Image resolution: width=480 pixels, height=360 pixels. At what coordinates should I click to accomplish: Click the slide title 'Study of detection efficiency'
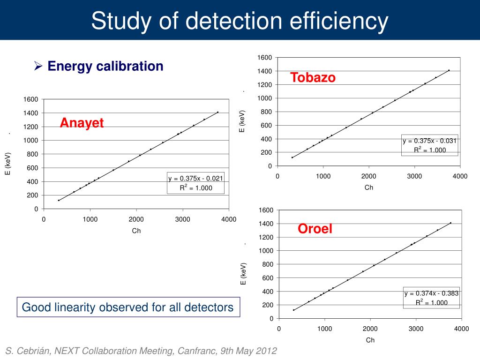(x=240, y=21)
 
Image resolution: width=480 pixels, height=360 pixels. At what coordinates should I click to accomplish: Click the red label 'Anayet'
(x=82, y=123)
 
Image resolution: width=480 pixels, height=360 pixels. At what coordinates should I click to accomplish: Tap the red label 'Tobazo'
(x=313, y=77)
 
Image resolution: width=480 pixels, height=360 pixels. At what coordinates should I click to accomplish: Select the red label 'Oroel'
(x=315, y=229)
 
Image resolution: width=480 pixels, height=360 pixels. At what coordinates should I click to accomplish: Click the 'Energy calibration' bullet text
(x=105, y=66)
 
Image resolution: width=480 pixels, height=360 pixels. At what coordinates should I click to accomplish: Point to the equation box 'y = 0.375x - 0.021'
(x=196, y=183)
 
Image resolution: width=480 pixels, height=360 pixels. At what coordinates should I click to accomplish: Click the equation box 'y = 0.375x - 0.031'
(x=429, y=145)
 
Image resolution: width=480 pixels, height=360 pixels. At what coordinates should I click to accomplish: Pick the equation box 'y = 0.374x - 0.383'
(x=432, y=298)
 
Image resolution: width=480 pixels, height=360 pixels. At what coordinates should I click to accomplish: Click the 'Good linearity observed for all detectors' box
(x=128, y=307)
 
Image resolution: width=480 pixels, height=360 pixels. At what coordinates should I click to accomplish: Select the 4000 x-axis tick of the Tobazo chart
(x=460, y=176)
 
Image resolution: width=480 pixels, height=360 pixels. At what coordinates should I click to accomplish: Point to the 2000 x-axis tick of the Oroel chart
(x=370, y=329)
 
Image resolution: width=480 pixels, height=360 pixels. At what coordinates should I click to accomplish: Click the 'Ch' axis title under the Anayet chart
(x=136, y=231)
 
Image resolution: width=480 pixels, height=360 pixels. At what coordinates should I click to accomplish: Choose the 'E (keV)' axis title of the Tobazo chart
(x=242, y=121)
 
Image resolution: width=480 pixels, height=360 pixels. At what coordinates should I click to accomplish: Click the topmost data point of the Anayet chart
(x=218, y=112)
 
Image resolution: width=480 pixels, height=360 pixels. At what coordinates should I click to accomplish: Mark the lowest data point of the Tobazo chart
(x=292, y=157)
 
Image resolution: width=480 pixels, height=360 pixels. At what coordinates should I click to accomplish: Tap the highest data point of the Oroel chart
(x=450, y=223)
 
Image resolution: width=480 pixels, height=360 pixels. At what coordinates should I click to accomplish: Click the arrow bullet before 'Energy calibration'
(x=39, y=67)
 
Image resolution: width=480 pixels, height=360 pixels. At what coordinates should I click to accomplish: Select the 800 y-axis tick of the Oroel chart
(x=267, y=264)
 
